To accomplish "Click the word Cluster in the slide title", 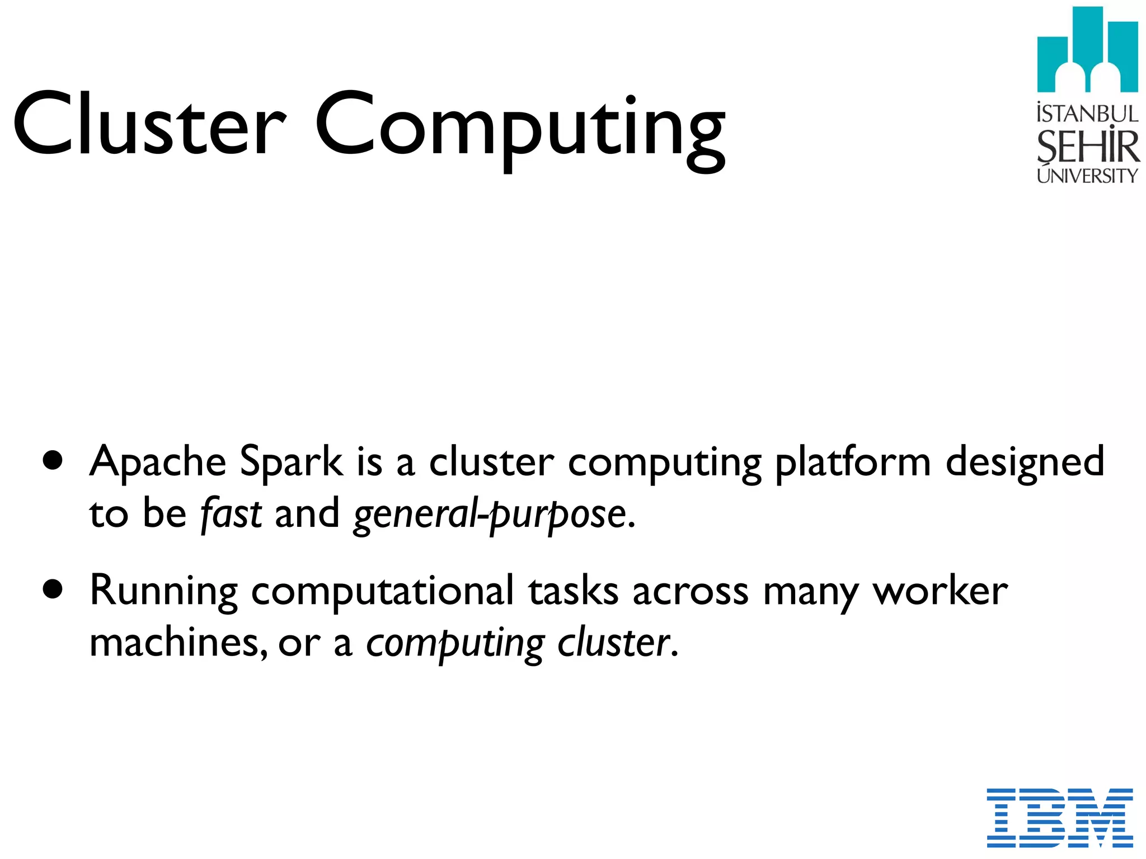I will [x=149, y=124].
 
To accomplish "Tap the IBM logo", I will [x=1060, y=818].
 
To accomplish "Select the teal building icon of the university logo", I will [x=1087, y=50].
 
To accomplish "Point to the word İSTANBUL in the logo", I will [x=1087, y=114].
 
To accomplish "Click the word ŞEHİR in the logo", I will [x=1087, y=147].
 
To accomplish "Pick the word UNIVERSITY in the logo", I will [x=1087, y=176].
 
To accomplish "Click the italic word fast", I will [x=231, y=513].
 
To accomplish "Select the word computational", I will [x=382, y=591].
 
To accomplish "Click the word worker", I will [x=940, y=591].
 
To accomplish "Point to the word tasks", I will [x=574, y=591].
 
